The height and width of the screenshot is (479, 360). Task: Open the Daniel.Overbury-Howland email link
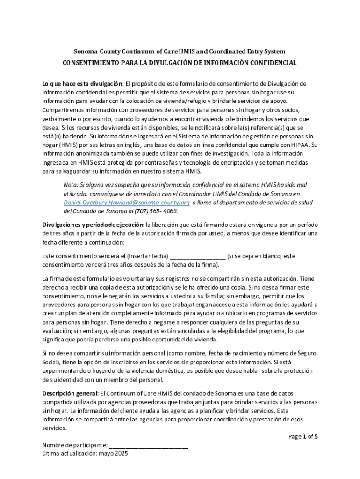[126, 203]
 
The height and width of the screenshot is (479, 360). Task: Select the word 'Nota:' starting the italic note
[71, 185]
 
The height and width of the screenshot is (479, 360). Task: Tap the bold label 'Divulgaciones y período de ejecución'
[93, 224]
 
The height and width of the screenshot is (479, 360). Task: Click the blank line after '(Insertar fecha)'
[198, 256]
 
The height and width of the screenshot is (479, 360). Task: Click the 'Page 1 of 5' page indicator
[303, 437]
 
